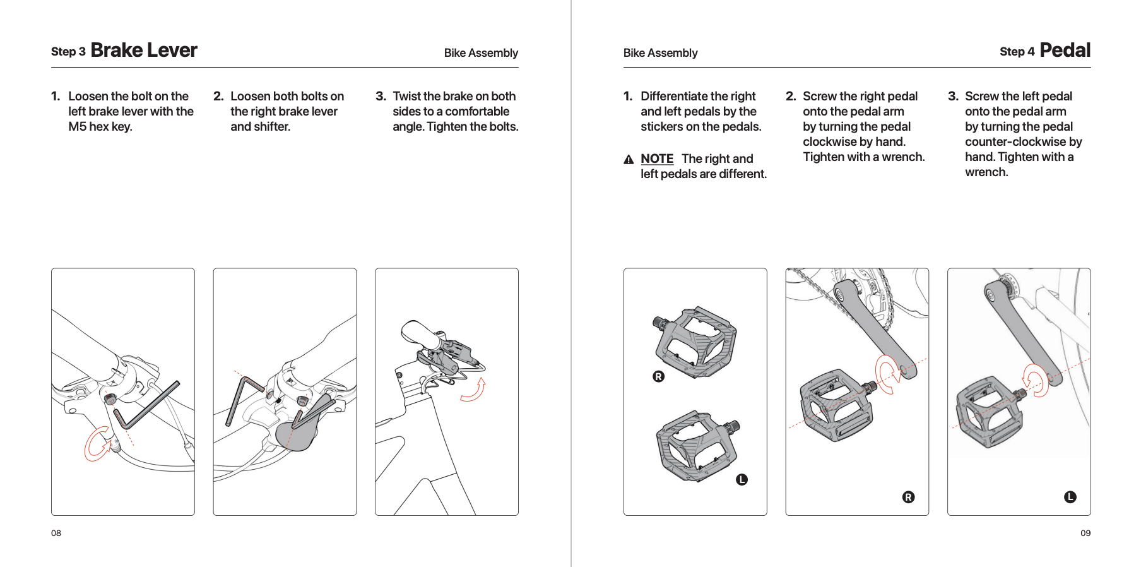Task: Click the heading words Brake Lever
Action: pyautogui.click(x=144, y=51)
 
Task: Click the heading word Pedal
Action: pyautogui.click(x=1065, y=51)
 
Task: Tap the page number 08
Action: pyautogui.click(x=56, y=533)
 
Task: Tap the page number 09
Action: pyautogui.click(x=1085, y=533)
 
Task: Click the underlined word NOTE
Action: pyautogui.click(x=657, y=159)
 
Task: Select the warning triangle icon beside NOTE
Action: pyautogui.click(x=629, y=160)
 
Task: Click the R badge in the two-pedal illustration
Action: pyautogui.click(x=658, y=376)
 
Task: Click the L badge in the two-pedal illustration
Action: pyautogui.click(x=742, y=480)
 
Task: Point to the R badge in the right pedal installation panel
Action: pyautogui.click(x=908, y=497)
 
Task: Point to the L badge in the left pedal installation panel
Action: pyautogui.click(x=1070, y=497)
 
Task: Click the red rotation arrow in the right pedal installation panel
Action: pyautogui.click(x=887, y=374)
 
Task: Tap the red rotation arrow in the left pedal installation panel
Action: pyautogui.click(x=1035, y=380)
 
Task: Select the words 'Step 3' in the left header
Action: pyautogui.click(x=68, y=52)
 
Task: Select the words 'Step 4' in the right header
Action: pyautogui.click(x=1017, y=52)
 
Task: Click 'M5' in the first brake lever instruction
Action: pyautogui.click(x=78, y=127)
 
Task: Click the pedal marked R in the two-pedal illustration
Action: pyautogui.click(x=695, y=341)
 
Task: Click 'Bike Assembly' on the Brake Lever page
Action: pyautogui.click(x=481, y=53)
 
